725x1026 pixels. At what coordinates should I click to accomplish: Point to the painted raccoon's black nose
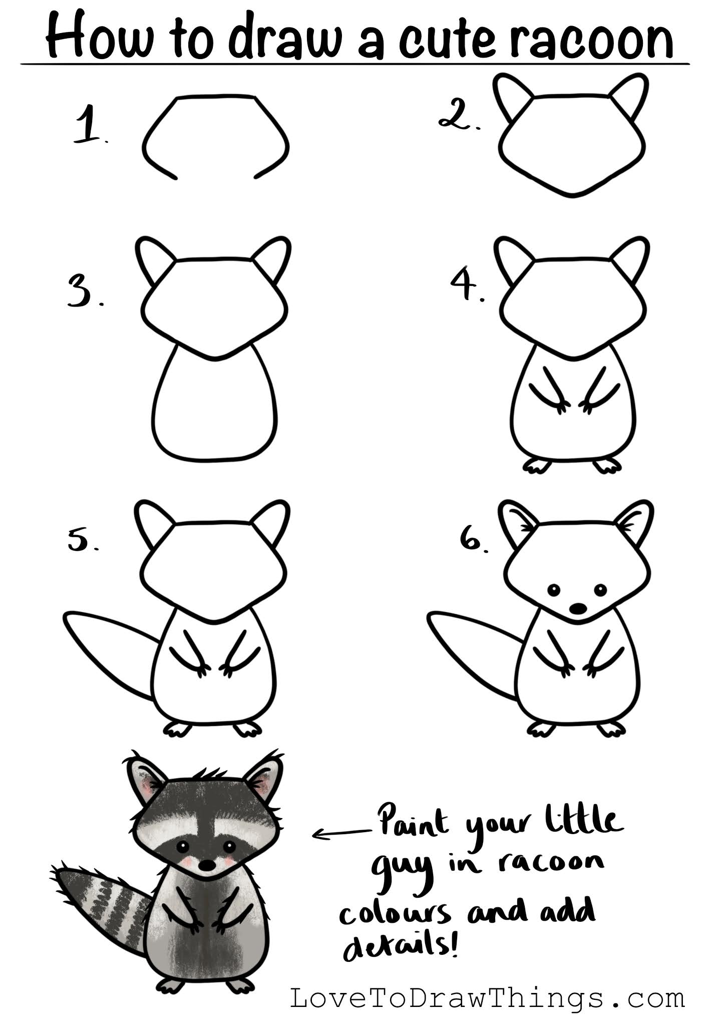(x=205, y=865)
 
